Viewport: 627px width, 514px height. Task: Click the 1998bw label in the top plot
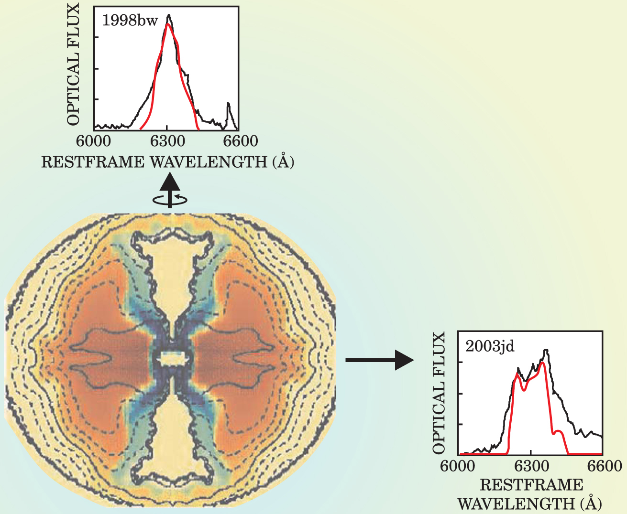130,21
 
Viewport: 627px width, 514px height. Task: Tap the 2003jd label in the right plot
490,345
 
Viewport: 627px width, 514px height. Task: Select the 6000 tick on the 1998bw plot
94,141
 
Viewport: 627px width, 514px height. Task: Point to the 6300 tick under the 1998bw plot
167,141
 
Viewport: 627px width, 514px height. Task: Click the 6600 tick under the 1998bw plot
240,141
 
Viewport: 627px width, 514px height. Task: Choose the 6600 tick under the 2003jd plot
603,466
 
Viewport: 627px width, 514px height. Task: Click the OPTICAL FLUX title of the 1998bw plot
73,64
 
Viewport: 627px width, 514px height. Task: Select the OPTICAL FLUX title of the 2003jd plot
439,393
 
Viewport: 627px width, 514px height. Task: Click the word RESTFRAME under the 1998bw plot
93,162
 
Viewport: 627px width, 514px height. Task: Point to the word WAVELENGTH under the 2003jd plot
516,503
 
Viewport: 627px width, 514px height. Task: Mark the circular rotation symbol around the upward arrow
170,199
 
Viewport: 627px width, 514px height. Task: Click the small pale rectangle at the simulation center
170,357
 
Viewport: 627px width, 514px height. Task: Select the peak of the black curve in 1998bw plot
169,16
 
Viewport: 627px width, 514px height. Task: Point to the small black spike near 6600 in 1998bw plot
229,104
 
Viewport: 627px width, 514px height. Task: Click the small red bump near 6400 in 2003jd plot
558,431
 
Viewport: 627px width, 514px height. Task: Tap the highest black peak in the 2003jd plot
546,351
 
